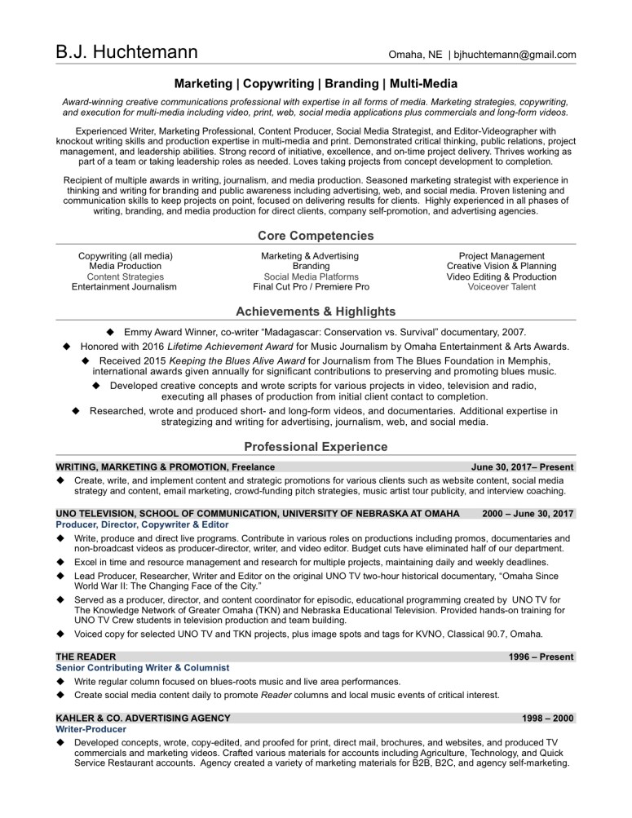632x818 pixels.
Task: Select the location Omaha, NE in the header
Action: click(414, 55)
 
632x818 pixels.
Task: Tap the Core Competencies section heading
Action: click(316, 236)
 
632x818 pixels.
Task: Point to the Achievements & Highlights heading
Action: click(316, 312)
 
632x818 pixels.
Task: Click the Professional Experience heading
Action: click(316, 447)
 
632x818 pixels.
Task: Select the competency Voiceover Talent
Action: click(502, 287)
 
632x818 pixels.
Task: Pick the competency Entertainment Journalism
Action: click(124, 287)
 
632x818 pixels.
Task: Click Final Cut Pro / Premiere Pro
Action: click(311, 287)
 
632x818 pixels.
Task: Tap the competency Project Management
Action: click(502, 256)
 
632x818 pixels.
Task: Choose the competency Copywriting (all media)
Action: click(125, 256)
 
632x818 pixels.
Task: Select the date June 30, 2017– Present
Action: click(523, 467)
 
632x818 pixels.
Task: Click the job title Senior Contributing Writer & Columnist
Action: click(137, 667)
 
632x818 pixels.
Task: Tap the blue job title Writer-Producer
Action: click(91, 729)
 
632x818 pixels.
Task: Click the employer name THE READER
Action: click(86, 657)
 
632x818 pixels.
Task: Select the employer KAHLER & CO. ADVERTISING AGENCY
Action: click(143, 718)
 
